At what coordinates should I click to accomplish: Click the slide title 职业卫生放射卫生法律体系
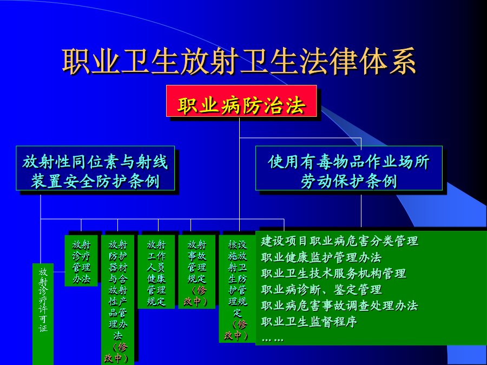(239, 61)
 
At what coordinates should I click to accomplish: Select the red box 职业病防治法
(241, 101)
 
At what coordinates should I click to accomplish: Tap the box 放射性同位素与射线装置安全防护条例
(95, 168)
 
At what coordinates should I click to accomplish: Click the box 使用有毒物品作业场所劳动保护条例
(349, 168)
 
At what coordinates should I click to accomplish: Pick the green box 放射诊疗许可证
(43, 314)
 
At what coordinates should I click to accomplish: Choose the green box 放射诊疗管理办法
(81, 261)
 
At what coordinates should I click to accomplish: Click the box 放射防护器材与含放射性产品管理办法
(118, 300)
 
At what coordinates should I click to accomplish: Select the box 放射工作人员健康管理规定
(156, 272)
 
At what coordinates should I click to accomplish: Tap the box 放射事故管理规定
(196, 272)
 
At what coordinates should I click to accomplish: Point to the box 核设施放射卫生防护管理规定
(238, 289)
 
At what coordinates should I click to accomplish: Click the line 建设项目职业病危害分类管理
(339, 241)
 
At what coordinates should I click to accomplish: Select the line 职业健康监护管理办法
(321, 257)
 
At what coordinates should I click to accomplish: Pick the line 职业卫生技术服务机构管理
(333, 274)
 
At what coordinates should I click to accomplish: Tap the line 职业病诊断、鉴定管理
(321, 290)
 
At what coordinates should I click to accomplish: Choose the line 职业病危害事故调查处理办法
(339, 306)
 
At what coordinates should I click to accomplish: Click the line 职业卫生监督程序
(309, 322)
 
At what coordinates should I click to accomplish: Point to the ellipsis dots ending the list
(272, 340)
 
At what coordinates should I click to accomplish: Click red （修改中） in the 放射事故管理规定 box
(196, 296)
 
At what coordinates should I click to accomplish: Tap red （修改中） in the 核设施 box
(236, 330)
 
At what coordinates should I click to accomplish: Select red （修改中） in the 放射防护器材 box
(117, 353)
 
